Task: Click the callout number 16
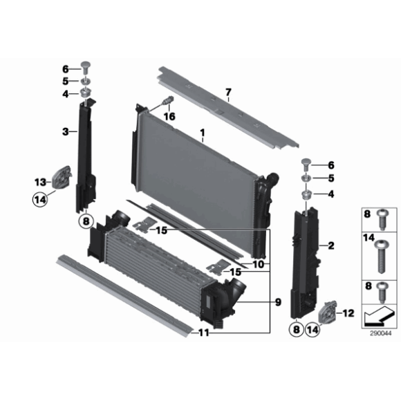169,116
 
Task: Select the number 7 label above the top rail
228,92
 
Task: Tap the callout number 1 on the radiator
203,133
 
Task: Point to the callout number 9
278,302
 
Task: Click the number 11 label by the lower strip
204,333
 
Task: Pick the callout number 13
40,183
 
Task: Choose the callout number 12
348,313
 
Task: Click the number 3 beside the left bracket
66,131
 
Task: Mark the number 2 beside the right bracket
331,245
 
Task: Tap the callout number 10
259,264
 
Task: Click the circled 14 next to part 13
40,200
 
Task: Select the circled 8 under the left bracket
86,221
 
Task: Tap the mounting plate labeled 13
61,177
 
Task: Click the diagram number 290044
381,333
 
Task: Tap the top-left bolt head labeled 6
86,67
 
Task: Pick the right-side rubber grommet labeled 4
306,196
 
